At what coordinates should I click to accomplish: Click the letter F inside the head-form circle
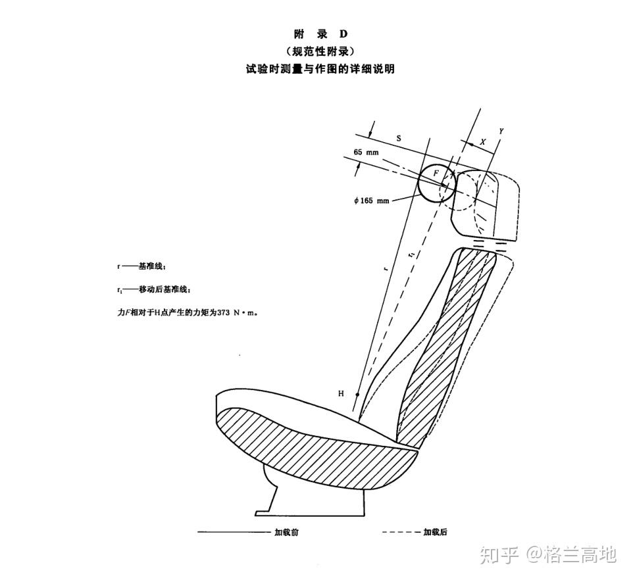pyautogui.click(x=436, y=173)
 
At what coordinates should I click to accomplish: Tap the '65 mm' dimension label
pyautogui.click(x=367, y=152)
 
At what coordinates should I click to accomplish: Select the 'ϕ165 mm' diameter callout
pyautogui.click(x=372, y=200)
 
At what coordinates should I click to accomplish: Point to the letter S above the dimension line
pyautogui.click(x=399, y=137)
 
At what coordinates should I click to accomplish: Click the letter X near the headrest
pyautogui.click(x=483, y=141)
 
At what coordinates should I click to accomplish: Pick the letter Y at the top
pyautogui.click(x=501, y=132)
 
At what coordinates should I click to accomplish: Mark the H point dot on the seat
pyautogui.click(x=357, y=395)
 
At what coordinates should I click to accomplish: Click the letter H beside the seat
pyautogui.click(x=341, y=393)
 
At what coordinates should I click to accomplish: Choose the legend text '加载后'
pyautogui.click(x=435, y=532)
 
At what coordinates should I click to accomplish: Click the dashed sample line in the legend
pyautogui.click(x=400, y=532)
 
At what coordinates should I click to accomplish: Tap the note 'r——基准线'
pyautogui.click(x=141, y=266)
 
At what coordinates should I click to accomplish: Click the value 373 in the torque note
pyautogui.click(x=226, y=313)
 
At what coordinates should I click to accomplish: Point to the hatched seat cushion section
pyautogui.click(x=309, y=450)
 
